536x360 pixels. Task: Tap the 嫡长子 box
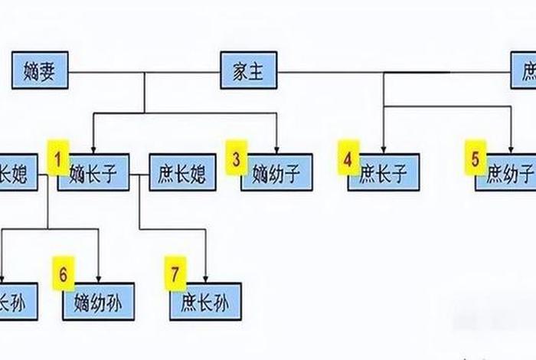(x=93, y=172)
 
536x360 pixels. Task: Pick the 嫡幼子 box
(x=276, y=172)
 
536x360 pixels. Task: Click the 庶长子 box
(x=383, y=172)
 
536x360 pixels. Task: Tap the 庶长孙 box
(x=205, y=301)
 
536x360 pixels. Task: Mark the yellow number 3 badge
(x=237, y=159)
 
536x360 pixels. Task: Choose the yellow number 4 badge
(x=348, y=159)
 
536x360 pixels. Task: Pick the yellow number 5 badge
(x=475, y=159)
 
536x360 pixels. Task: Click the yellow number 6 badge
(x=63, y=273)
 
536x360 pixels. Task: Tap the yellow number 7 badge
(x=175, y=273)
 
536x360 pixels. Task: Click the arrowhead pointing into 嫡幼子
(x=276, y=149)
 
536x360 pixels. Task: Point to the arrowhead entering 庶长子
(x=383, y=149)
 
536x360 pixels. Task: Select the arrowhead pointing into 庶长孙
(x=205, y=278)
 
